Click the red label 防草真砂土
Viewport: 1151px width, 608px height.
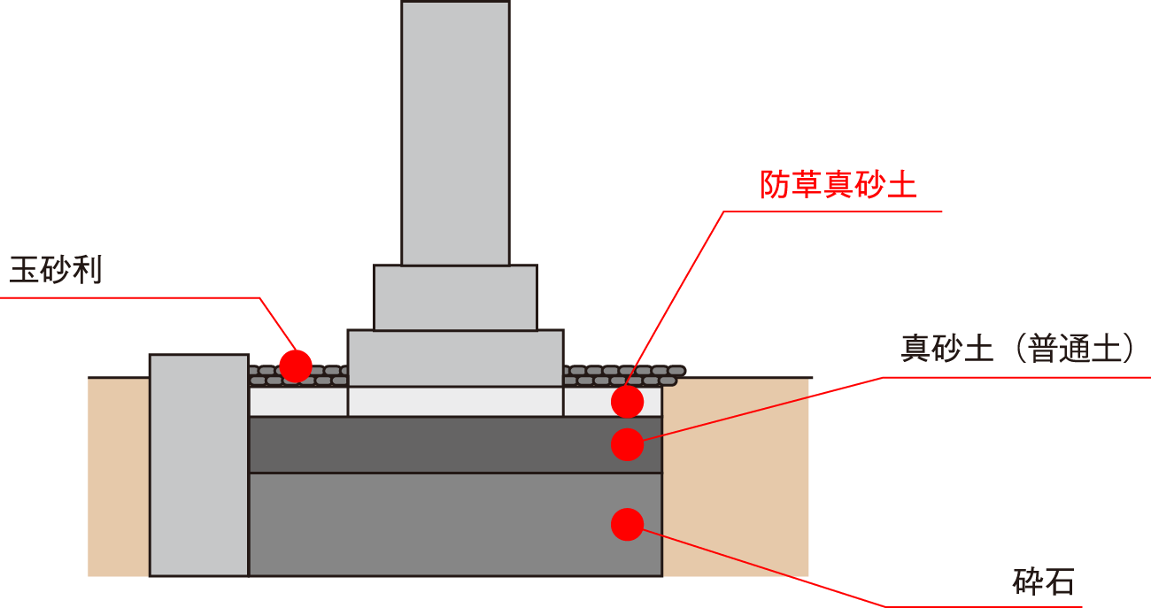click(x=838, y=184)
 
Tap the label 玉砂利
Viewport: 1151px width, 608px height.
click(x=56, y=269)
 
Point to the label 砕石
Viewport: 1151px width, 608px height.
click(x=1043, y=581)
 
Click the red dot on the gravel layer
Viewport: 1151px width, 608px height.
click(x=296, y=365)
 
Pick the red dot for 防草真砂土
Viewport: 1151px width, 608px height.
click(x=627, y=402)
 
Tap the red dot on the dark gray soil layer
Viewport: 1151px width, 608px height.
click(x=627, y=444)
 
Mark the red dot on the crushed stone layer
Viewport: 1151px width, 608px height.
click(x=627, y=524)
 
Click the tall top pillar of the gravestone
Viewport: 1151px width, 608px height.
click(x=455, y=133)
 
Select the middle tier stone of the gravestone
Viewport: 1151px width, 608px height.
click(x=455, y=297)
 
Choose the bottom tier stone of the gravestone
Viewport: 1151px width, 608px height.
click(x=455, y=358)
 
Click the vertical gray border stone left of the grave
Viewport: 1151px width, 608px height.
click(x=198, y=465)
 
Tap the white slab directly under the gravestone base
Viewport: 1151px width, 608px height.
click(x=455, y=402)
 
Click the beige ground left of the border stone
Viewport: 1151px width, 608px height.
click(x=118, y=478)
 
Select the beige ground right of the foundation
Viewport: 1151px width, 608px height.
click(x=735, y=478)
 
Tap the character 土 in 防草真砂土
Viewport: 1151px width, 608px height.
click(x=901, y=184)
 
